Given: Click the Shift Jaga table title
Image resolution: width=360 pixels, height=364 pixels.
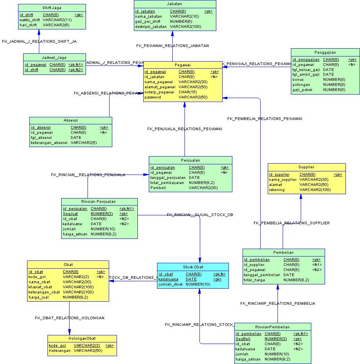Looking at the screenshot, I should click(52, 8).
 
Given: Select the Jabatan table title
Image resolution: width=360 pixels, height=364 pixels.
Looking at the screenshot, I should click(174, 4).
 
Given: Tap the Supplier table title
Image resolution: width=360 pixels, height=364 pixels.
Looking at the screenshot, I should click(306, 167).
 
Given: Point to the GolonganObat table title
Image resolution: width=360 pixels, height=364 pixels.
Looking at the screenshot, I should click(82, 339).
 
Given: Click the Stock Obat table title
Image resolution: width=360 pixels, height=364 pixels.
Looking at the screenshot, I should click(193, 267).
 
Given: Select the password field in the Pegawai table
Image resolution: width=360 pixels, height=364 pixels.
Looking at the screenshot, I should click(153, 97).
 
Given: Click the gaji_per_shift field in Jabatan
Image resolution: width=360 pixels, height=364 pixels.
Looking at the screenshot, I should click(147, 22).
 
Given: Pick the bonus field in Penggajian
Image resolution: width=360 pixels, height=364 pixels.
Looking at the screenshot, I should click(298, 80).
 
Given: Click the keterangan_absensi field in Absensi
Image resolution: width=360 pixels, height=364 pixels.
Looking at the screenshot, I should click(49, 143).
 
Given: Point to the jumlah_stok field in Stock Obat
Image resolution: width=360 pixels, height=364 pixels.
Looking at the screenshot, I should click(171, 284).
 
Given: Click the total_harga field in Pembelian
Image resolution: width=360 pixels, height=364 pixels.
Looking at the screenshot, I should click(255, 280).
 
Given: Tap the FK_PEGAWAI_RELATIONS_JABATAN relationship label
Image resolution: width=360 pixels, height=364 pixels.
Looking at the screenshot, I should click(172, 46).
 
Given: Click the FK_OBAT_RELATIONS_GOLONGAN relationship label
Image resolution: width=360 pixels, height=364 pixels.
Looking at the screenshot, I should click(69, 318).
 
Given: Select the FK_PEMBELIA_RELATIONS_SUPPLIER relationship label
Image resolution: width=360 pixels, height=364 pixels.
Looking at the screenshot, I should click(291, 223).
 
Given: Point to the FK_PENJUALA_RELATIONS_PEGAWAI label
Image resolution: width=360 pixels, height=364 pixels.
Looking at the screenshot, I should click(185, 129).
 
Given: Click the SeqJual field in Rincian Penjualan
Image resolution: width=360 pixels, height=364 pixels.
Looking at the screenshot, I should click(70, 214).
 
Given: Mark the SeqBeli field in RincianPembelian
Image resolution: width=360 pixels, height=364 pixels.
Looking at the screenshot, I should click(243, 339).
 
